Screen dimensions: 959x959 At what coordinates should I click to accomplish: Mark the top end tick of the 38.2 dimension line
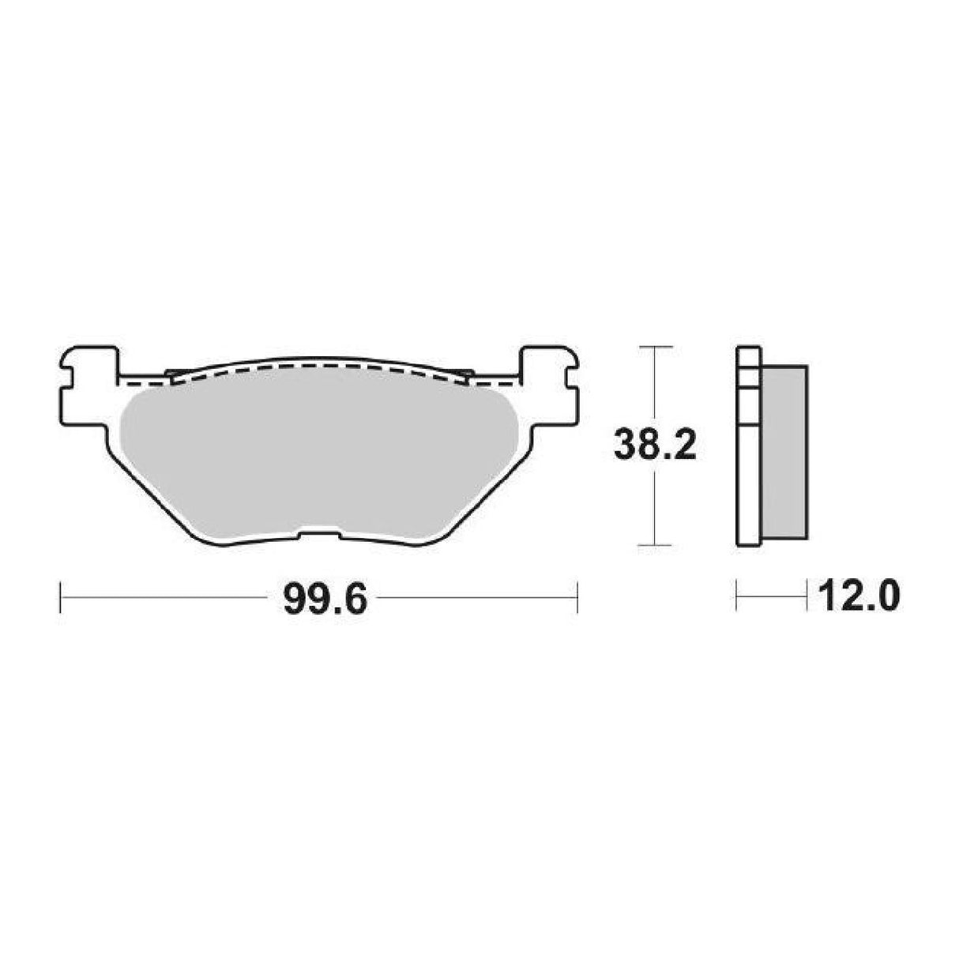click(x=654, y=347)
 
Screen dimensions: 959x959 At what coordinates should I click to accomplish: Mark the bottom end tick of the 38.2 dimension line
click(x=654, y=545)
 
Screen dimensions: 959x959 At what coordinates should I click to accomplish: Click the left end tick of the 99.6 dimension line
click(x=61, y=597)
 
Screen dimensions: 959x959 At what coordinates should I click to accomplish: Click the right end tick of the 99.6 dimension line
click(x=579, y=597)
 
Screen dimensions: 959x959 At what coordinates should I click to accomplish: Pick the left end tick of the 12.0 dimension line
click(x=736, y=596)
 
